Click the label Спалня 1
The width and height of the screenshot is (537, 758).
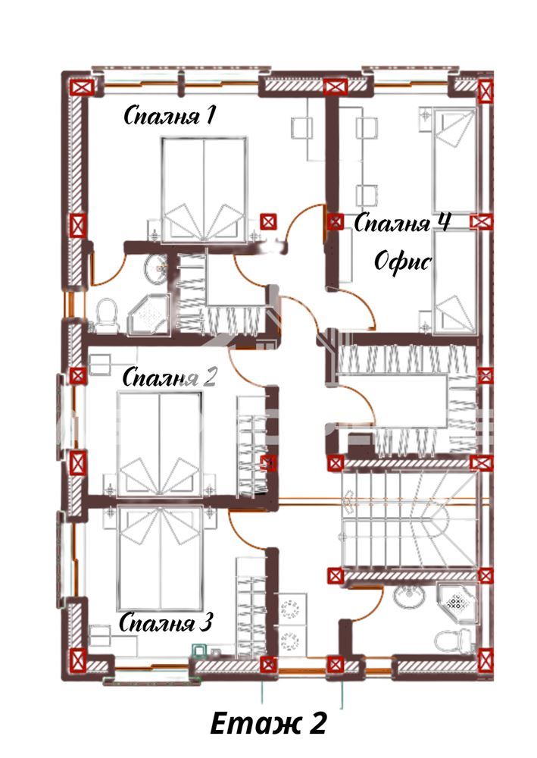(x=169, y=116)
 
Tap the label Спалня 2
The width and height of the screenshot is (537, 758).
(x=169, y=377)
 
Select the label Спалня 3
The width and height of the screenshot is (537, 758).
(x=166, y=622)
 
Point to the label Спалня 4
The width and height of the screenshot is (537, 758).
(x=402, y=223)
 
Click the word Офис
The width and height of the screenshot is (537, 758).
(x=403, y=262)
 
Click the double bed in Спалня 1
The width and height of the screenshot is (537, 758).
(x=204, y=189)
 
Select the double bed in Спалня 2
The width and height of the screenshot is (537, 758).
(x=159, y=443)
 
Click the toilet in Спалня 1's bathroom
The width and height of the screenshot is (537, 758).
(x=107, y=315)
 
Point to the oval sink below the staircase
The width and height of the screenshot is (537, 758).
(x=410, y=597)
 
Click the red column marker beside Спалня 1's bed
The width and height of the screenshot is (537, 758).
(x=268, y=221)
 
